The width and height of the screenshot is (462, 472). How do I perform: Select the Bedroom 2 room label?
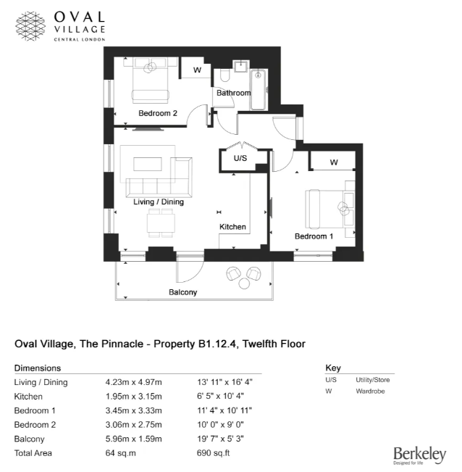coord(158,113)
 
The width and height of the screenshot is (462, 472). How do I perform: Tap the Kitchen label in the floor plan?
coord(232,227)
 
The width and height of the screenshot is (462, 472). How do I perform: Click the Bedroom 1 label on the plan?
coord(314,236)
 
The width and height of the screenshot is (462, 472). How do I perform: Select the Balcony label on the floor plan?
coord(183,292)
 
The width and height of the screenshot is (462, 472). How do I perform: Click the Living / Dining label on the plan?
coord(159,202)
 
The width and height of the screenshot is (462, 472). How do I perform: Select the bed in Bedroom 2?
coord(151,80)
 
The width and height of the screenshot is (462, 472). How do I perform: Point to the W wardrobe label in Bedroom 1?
coord(333,162)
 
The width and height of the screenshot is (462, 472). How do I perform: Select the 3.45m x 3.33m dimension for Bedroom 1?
coord(134,410)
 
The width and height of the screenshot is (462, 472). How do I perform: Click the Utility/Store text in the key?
coord(372,380)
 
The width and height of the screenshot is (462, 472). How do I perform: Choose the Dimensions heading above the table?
coord(38,368)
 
